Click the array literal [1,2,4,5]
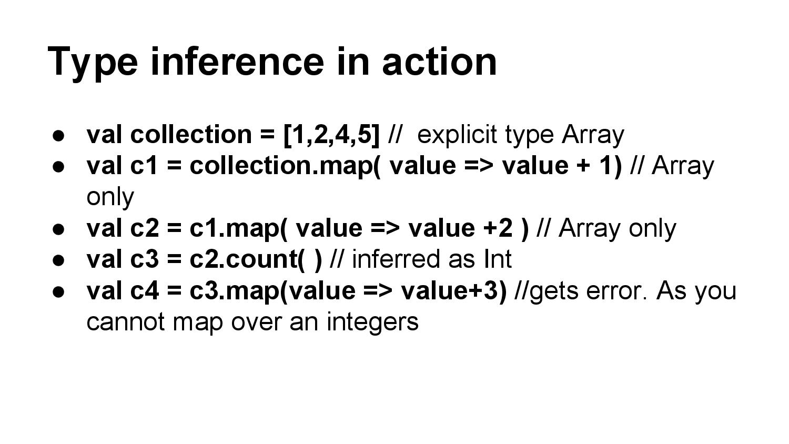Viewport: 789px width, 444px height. pyautogui.click(x=331, y=135)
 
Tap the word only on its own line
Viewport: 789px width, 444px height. pyautogui.click(x=110, y=197)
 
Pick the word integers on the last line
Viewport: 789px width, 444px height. pyautogui.click(x=372, y=322)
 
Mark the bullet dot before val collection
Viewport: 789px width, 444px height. pyautogui.click(x=58, y=135)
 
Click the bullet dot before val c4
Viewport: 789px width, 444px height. pyautogui.click(x=58, y=291)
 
